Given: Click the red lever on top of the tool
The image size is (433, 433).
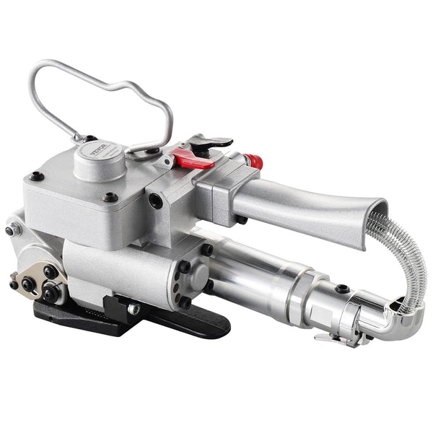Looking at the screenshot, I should [193, 159].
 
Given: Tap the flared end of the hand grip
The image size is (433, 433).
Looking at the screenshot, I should [364, 216].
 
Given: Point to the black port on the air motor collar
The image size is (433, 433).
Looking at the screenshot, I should [342, 289].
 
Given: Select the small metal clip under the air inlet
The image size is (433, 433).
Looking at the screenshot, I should [332, 336].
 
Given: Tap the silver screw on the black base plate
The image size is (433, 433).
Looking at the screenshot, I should [133, 308].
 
